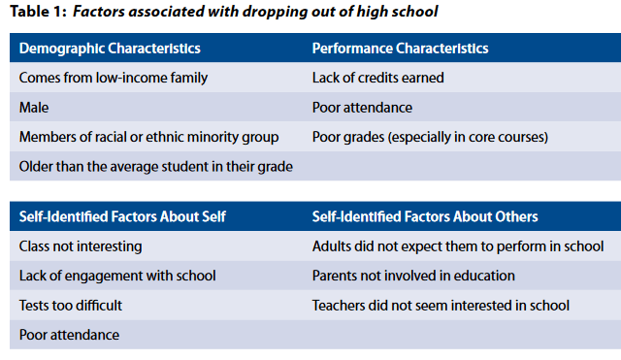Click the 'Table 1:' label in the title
[x=38, y=12]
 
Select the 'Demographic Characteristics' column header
[x=110, y=49]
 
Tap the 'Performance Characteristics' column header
[x=400, y=49]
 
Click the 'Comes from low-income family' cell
[x=114, y=78]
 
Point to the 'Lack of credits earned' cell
[x=377, y=78]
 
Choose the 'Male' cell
[x=34, y=108]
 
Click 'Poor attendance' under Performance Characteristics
[x=362, y=108]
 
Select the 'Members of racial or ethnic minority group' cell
[x=148, y=137]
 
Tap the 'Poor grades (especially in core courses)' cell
[x=430, y=137]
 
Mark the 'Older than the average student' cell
[x=155, y=167]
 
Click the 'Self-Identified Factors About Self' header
[x=122, y=216]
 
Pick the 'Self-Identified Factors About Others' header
[x=425, y=216]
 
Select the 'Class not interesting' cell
[x=81, y=246]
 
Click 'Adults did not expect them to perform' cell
[x=458, y=246]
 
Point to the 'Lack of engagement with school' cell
[x=117, y=276]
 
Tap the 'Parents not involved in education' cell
[x=413, y=276]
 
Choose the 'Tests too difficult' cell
[x=71, y=306]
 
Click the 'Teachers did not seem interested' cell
[x=441, y=306]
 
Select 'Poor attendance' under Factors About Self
[x=69, y=335]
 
